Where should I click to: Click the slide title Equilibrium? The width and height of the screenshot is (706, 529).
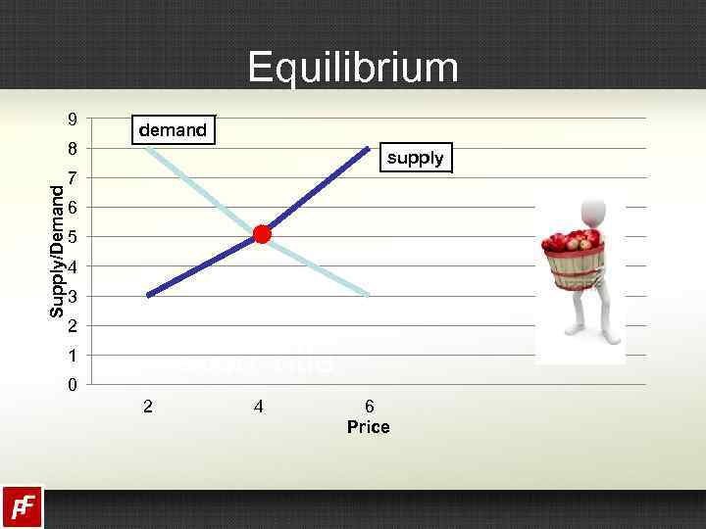pos(353,68)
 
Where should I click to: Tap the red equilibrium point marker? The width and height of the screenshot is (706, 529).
pos(262,234)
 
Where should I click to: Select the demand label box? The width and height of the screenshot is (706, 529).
pos(173,129)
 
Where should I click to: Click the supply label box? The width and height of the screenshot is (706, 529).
pos(415,158)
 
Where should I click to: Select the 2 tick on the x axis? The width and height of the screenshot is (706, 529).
pos(147,406)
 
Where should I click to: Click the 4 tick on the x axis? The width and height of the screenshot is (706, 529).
pos(258,406)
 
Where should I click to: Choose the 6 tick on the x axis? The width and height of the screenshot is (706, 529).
pos(369,406)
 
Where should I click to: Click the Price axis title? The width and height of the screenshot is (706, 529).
pos(368,427)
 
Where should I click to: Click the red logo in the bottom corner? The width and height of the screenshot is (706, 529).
pos(22,506)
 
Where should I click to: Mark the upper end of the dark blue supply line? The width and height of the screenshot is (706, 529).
pos(369,148)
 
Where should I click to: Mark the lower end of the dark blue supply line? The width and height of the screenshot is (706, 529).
pos(147,295)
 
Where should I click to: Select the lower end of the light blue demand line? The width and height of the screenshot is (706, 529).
pos(369,295)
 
